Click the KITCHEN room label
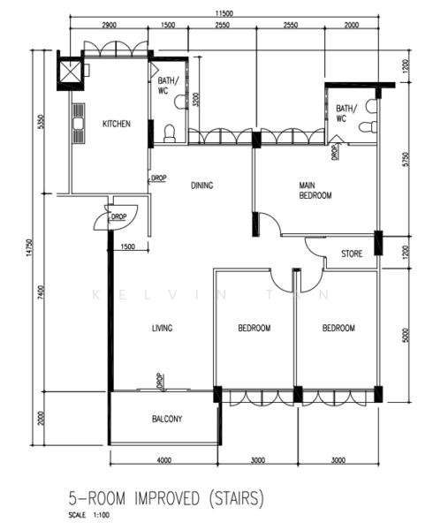pos(117,124)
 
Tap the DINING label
pos(202,185)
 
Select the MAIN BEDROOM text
pos(315,190)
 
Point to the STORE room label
pos(352,254)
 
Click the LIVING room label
pos(163,328)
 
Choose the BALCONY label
pos(167,419)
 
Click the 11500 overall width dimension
pos(224,13)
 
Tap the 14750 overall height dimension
pos(30,247)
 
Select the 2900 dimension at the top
pos(110,25)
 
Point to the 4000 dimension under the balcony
pos(164,460)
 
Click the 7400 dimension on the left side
pos(41,292)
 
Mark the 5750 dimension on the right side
pos(406,159)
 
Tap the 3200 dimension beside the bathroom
pos(197,99)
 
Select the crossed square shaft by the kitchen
pos(71,72)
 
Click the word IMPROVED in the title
pos(167,498)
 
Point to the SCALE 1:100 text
pos(89,515)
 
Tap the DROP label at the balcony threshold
pos(160,381)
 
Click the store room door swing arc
pos(313,250)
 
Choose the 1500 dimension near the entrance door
pos(128,246)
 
